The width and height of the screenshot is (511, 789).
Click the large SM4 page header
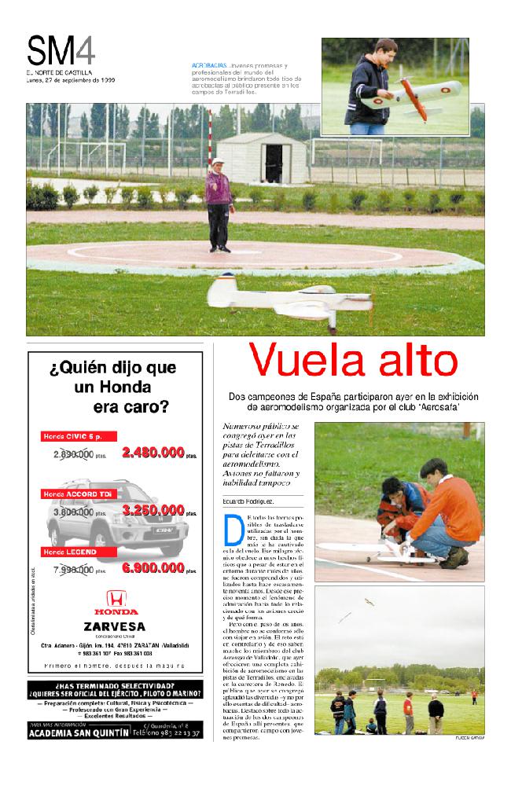(x=61, y=52)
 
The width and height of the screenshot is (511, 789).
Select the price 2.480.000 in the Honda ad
(x=153, y=453)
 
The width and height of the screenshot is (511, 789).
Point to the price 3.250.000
(x=153, y=511)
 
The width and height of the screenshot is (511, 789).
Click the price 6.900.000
(x=153, y=567)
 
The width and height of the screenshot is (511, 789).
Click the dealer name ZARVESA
(x=114, y=626)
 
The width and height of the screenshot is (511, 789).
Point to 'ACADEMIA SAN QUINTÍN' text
(x=79, y=732)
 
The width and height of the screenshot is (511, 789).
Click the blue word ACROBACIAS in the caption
(x=209, y=64)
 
